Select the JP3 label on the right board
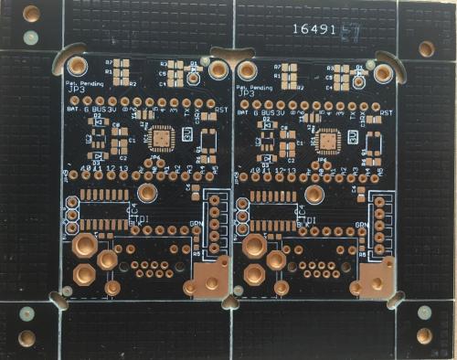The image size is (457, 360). pos(246,91)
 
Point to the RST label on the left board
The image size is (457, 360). pos(220,112)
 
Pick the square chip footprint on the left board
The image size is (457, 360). pos(161,137)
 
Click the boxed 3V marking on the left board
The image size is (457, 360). pos(186,134)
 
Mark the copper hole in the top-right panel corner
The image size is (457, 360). pos(426,48)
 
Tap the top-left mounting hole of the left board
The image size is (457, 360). pos(78,66)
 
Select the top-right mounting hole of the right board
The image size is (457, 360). pos(383,69)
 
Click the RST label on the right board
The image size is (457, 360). pos(387,113)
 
